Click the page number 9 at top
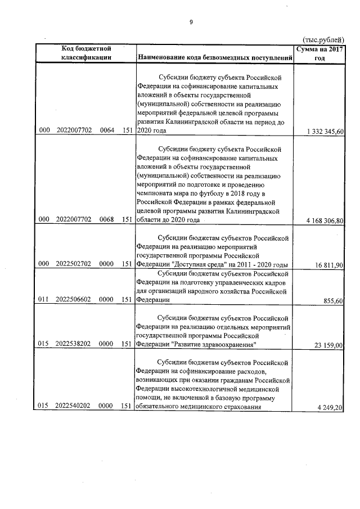point(191,22)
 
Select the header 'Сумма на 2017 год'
point(319,53)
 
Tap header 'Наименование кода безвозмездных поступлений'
point(215,58)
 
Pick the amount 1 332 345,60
point(325,131)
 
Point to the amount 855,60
point(336,301)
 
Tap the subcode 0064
point(107,130)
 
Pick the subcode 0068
point(107,220)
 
